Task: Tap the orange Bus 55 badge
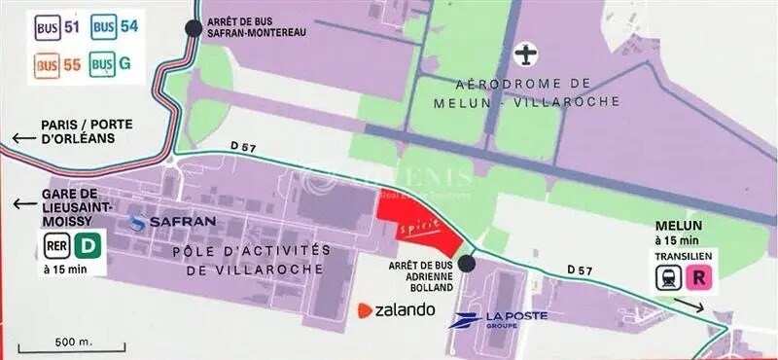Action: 56,65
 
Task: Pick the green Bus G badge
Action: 111,65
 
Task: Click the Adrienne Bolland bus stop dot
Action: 468,263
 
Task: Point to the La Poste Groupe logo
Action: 498,319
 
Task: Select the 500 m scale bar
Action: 88,344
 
